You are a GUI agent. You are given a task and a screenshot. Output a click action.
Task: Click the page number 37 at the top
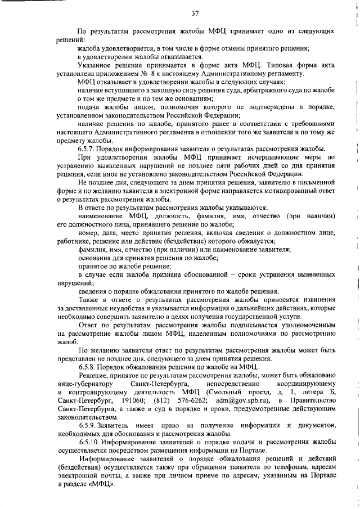coord(195,13)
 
